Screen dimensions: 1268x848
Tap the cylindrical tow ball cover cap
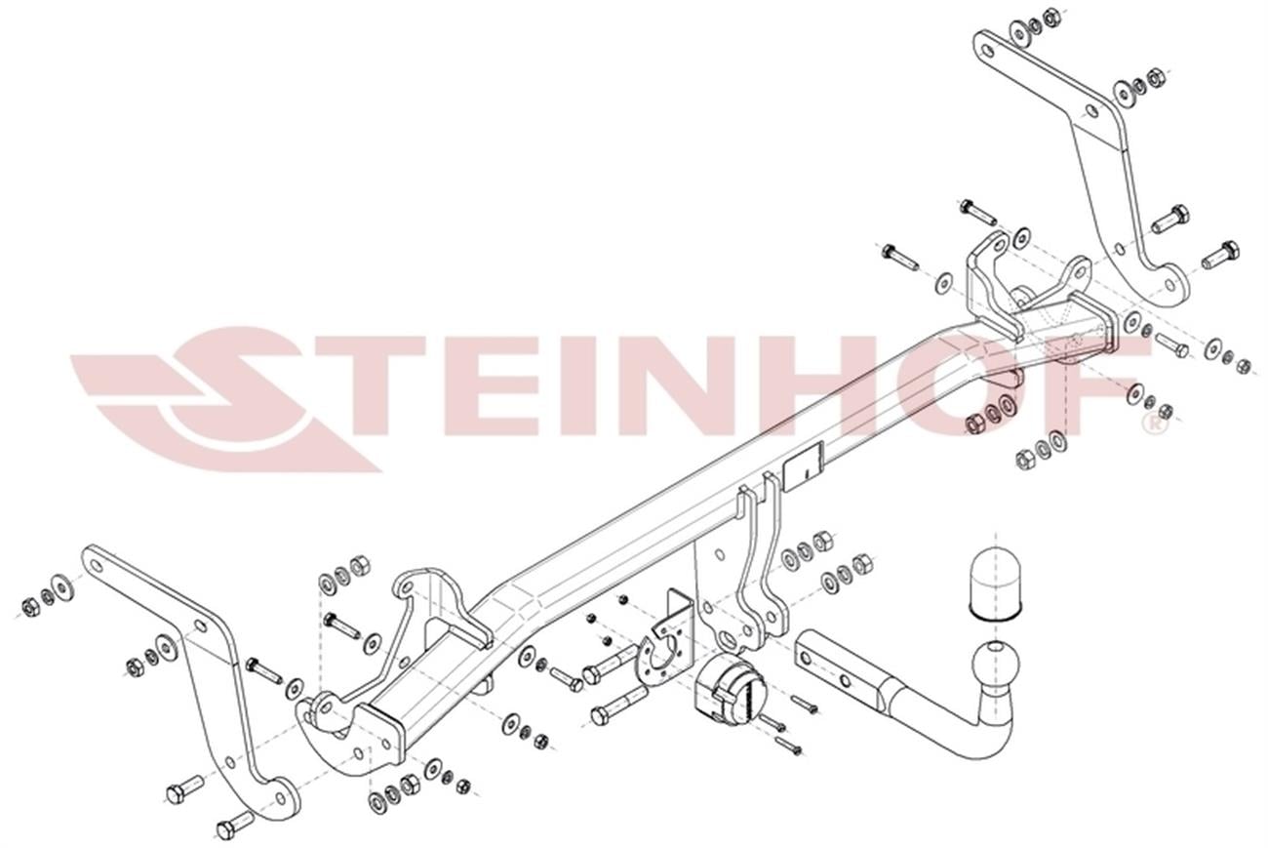tap(996, 584)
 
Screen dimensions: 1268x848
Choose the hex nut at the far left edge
tap(29, 608)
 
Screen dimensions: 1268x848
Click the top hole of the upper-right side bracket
tap(988, 51)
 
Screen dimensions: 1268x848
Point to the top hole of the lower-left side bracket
tap(97, 564)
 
